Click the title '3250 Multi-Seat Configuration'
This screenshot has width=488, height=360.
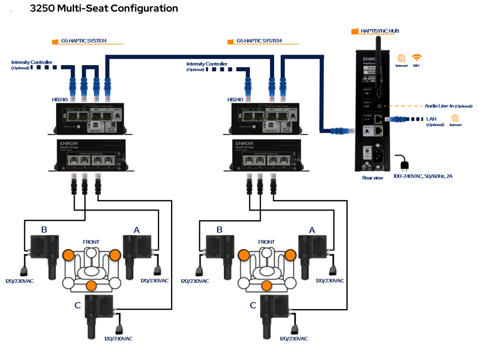(x=104, y=9)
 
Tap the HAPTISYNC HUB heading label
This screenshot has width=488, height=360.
(x=379, y=31)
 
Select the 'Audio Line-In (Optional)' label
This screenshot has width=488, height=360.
(x=448, y=106)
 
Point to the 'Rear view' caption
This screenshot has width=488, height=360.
(x=372, y=178)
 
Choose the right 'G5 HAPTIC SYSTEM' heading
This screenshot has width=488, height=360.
(x=259, y=41)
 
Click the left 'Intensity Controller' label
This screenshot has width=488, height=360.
(x=31, y=63)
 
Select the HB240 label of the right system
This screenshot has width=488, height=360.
(x=235, y=100)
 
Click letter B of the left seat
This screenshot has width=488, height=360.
(x=44, y=230)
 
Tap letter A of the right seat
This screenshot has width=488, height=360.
(x=312, y=230)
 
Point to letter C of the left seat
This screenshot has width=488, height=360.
(x=78, y=305)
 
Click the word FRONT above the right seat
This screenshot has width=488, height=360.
(x=266, y=242)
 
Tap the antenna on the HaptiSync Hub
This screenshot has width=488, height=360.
(x=376, y=56)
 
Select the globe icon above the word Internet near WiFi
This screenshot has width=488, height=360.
(x=401, y=58)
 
